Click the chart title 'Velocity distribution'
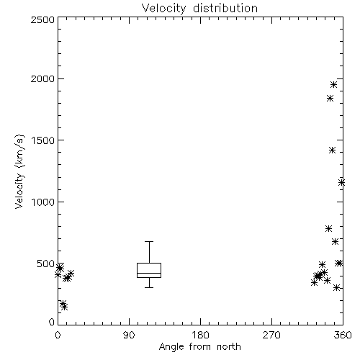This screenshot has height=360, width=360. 199,8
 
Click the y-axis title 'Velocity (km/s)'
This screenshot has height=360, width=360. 19,171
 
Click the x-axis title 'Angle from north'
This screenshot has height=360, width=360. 199,346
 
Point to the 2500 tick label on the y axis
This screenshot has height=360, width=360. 42,19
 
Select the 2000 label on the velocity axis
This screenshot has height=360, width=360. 42,78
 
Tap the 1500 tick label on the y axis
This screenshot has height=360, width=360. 43,140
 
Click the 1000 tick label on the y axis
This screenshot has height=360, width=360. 43,202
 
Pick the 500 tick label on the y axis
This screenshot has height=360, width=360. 46,264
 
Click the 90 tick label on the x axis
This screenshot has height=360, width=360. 129,335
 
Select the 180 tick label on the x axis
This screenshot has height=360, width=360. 200,335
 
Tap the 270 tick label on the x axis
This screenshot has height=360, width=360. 271,335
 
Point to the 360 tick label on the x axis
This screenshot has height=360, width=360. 343,335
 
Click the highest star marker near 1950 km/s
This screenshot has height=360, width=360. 333,85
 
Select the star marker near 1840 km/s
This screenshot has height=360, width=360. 330,98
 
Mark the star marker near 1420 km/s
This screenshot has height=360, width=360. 332,150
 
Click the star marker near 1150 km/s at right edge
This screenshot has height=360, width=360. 341,183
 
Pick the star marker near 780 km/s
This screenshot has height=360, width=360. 329,228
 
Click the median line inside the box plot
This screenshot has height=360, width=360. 149,273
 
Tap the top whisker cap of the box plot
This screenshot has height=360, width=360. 149,241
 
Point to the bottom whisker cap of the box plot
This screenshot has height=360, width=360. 149,287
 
